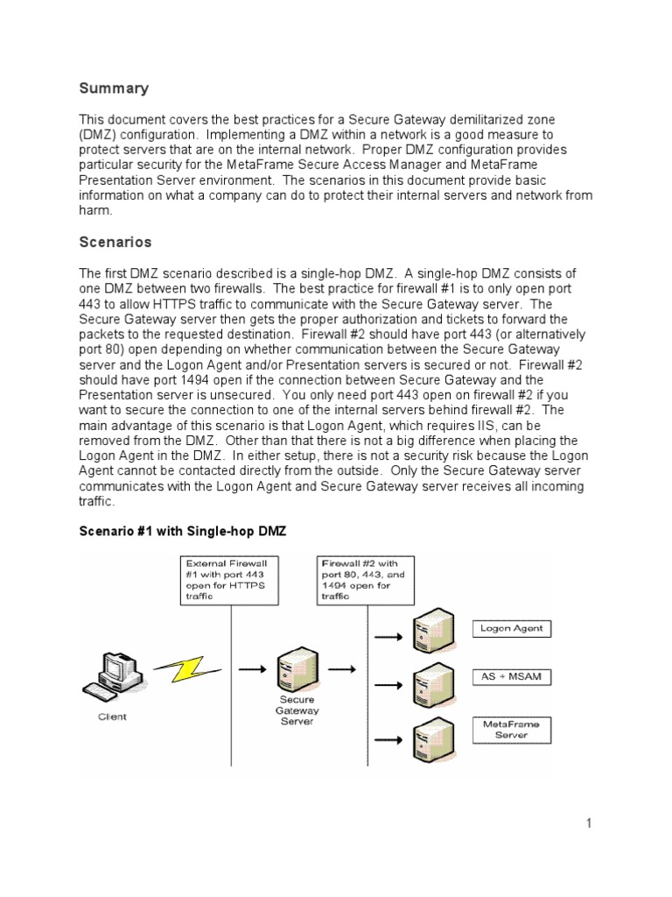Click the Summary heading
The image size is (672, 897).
point(114,88)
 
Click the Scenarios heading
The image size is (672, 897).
point(115,242)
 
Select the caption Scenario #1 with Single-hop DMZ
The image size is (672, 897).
point(183,531)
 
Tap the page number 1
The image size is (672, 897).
point(590,823)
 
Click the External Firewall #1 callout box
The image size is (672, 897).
point(230,578)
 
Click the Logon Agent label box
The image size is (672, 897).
point(513,628)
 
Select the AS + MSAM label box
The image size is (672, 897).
point(512,677)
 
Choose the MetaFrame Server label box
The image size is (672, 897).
point(512,730)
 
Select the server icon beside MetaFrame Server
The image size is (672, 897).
point(431,732)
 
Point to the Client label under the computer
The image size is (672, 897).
point(112,717)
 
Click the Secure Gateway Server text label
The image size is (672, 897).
point(297,710)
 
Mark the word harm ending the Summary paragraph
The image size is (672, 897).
point(94,211)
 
